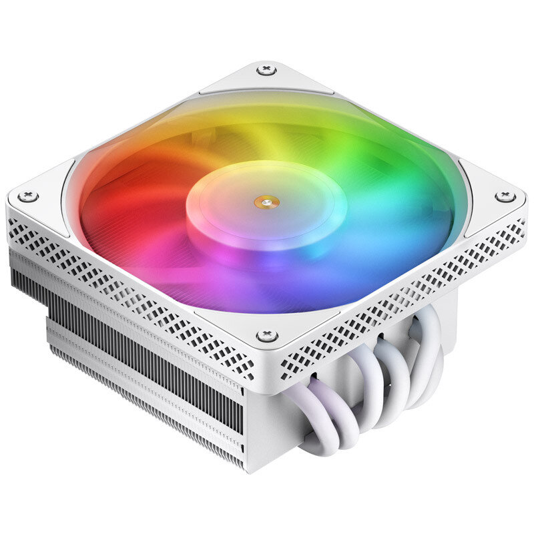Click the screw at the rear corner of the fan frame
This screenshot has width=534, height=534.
tap(266, 70)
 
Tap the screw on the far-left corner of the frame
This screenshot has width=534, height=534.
tap(27, 196)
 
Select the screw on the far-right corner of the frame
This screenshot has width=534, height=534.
tap(505, 196)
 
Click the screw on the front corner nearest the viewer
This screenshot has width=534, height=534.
tap(266, 335)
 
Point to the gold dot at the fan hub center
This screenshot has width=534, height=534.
tap(266, 199)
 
